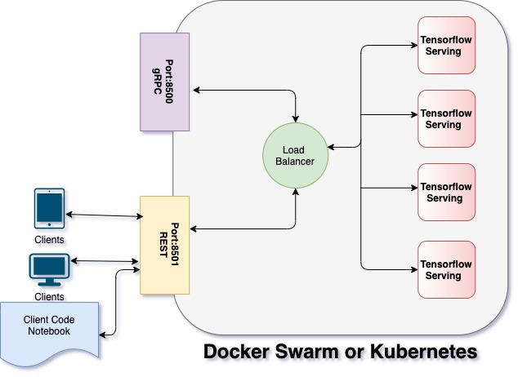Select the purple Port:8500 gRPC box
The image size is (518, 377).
[165, 82]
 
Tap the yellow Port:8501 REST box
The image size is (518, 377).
[165, 245]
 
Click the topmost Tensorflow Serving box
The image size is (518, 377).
[446, 45]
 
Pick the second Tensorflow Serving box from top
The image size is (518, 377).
[446, 118]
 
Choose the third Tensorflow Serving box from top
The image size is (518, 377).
[446, 192]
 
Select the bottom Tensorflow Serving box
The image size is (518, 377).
[446, 269]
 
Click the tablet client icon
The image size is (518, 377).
[49, 209]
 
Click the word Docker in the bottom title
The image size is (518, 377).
[237, 353]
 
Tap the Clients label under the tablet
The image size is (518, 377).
[49, 240]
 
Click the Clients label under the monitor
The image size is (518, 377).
[49, 297]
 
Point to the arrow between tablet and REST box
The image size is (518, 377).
[104, 215]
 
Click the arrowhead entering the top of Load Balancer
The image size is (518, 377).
[295, 116]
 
